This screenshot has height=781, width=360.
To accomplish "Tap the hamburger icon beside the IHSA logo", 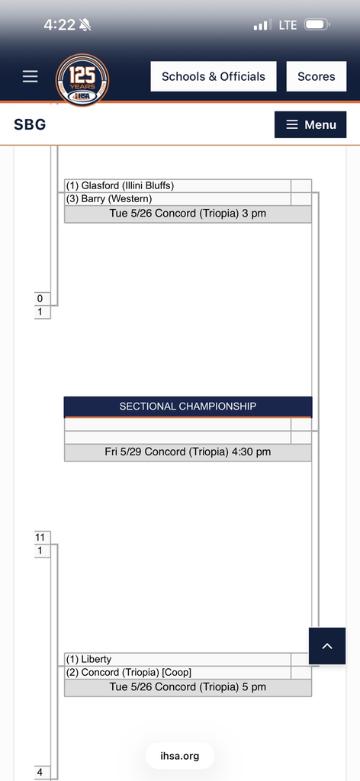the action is tap(30, 76).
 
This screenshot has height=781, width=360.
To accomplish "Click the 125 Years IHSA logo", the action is tap(82, 79).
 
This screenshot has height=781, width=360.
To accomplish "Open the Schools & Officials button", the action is tap(213, 76).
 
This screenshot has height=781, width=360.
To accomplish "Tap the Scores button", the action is tap(317, 76).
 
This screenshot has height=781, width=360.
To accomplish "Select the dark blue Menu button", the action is tap(310, 124).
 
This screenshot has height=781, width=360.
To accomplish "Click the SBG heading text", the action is tap(30, 124).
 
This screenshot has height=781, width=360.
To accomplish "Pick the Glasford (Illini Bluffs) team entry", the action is tap(120, 186).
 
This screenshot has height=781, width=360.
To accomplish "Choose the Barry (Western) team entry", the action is tap(109, 199).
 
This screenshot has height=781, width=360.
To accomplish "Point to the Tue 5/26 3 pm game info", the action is tap(188, 214).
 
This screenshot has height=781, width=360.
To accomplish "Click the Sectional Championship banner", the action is tap(188, 407).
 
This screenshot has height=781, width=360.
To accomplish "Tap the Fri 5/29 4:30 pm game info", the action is tap(188, 452).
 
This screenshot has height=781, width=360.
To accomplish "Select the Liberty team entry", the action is tap(88, 660).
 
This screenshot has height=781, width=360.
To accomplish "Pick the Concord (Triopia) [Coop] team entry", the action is tap(128, 673).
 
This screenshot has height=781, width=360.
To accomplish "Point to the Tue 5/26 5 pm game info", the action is tap(188, 687).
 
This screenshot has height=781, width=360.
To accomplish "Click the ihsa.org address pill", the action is tap(180, 756).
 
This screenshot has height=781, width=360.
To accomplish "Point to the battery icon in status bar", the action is tap(317, 24).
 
